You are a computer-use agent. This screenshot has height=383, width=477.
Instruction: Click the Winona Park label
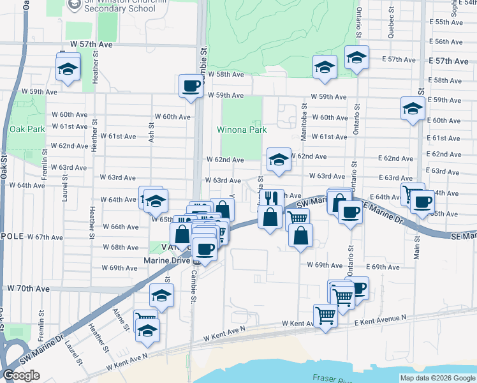coord(242,130)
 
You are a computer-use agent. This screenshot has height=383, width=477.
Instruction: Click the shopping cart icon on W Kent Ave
coord(326,315)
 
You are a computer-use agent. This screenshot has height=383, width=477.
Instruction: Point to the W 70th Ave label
coord(29,289)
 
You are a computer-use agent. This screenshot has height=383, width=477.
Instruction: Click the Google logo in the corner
coord(21,375)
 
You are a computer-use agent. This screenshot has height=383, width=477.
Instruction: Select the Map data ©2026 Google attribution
coord(437,378)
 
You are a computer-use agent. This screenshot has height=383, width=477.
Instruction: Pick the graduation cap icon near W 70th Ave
coord(161,296)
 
